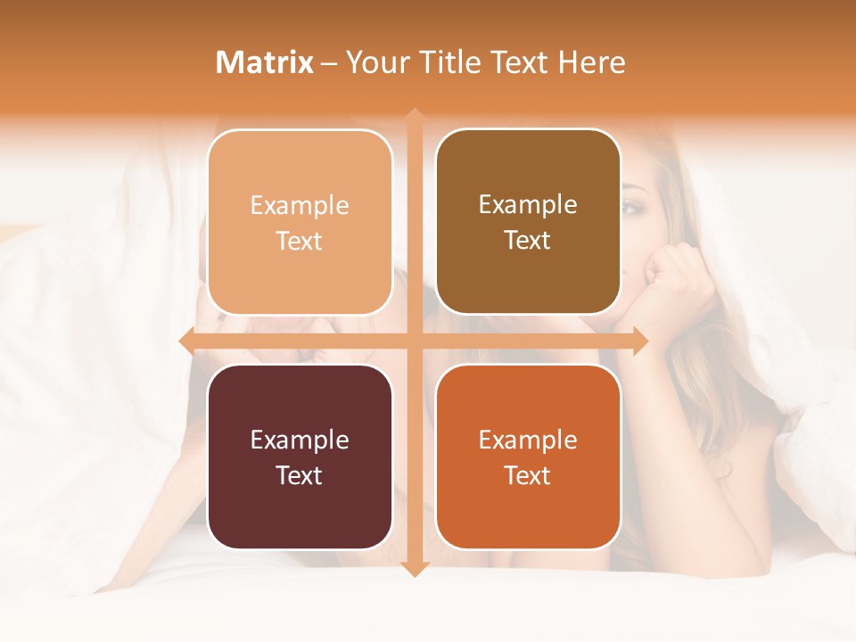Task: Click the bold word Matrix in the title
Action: (x=265, y=62)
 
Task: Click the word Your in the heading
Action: (x=378, y=62)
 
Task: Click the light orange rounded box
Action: (x=300, y=222)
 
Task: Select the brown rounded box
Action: (x=528, y=222)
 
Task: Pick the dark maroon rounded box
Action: (x=300, y=457)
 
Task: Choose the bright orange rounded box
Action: (x=528, y=457)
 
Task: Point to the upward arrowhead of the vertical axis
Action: (x=414, y=116)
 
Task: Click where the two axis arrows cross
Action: (x=414, y=342)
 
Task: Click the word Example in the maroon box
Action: (x=300, y=440)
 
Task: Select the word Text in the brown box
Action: (x=528, y=241)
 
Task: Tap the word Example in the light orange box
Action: (x=300, y=205)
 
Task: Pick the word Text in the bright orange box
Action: (x=528, y=475)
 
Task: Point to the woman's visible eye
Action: (x=633, y=207)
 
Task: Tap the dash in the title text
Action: (x=330, y=63)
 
